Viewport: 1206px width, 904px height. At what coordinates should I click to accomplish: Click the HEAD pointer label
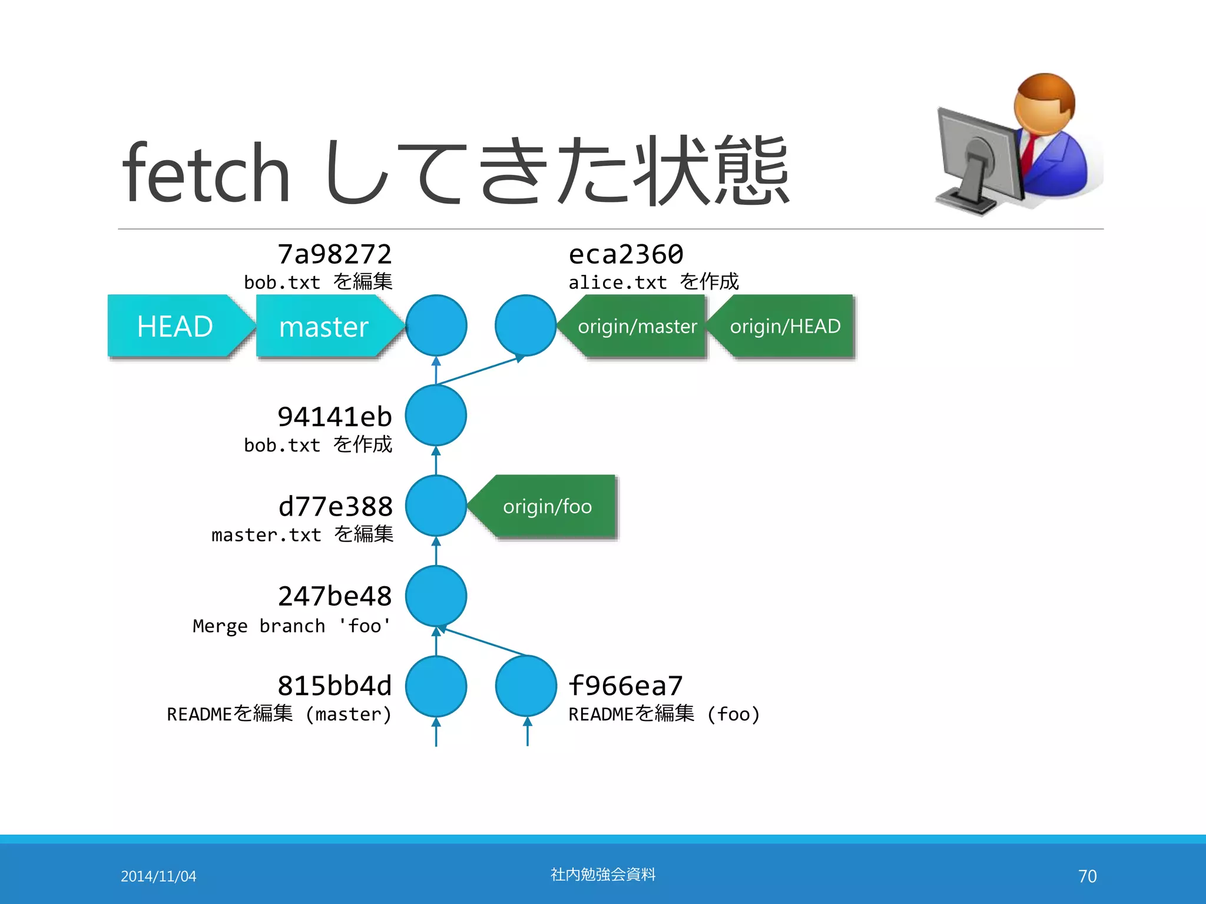pyautogui.click(x=175, y=326)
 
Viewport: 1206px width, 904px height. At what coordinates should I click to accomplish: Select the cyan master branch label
pyautogui.click(x=324, y=326)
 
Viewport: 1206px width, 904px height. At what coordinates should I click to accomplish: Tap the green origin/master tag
pyautogui.click(x=637, y=326)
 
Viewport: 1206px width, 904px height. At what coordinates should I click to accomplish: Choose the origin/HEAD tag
pyautogui.click(x=785, y=326)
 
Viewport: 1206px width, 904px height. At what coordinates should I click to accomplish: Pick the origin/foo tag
pyautogui.click(x=547, y=506)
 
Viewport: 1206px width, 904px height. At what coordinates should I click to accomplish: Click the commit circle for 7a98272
pyautogui.click(x=436, y=325)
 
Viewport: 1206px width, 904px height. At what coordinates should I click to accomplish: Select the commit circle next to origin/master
pyautogui.click(x=526, y=325)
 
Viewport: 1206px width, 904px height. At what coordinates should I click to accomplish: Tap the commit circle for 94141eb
pyautogui.click(x=436, y=416)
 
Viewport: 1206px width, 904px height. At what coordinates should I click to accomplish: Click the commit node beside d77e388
pyautogui.click(x=436, y=506)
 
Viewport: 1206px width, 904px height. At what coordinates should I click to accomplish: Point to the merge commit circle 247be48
pyautogui.click(x=436, y=596)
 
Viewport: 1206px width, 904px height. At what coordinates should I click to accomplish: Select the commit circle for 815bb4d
pyautogui.click(x=436, y=686)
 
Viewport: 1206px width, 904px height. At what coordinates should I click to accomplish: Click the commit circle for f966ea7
pyautogui.click(x=526, y=686)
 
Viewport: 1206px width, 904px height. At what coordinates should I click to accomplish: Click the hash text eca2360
pyautogui.click(x=625, y=255)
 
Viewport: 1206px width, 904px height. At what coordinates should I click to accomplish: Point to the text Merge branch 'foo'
pyautogui.click(x=291, y=626)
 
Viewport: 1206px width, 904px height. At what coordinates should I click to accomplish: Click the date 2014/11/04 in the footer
pyautogui.click(x=158, y=876)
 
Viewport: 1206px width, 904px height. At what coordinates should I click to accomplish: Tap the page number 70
pyautogui.click(x=1087, y=876)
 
